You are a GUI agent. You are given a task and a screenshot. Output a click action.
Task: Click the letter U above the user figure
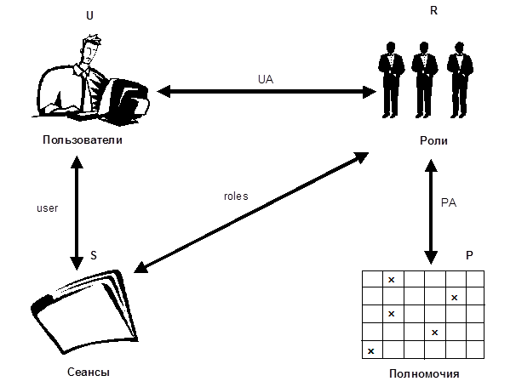(x=90, y=15)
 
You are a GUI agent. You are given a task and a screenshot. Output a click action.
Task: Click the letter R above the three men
(x=433, y=11)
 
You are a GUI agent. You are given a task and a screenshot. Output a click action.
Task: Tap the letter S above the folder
(x=93, y=254)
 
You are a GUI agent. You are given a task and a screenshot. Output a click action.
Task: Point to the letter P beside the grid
(x=469, y=256)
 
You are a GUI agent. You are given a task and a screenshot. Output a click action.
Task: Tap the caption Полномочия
(x=422, y=373)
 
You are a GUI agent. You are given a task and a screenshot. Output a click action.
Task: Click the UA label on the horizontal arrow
(x=265, y=78)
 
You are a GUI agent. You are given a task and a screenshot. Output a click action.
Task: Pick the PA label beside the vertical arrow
(x=450, y=203)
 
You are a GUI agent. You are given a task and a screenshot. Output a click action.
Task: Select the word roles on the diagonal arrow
(x=236, y=196)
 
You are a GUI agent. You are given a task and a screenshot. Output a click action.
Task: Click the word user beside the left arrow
(x=48, y=207)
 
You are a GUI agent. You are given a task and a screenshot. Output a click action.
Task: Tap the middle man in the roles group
(x=423, y=80)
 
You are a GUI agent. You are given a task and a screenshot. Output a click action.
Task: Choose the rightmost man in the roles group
(x=458, y=80)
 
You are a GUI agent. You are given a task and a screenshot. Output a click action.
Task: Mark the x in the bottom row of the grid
(x=371, y=350)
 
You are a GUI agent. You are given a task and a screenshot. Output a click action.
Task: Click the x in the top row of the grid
(x=392, y=279)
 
